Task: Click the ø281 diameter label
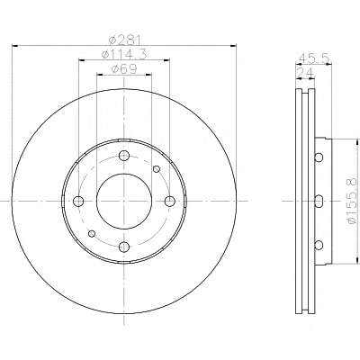tap(124, 40)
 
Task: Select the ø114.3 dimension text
tap(124, 55)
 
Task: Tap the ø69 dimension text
tap(124, 69)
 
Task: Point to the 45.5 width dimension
tap(314, 58)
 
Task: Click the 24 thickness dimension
tap(305, 73)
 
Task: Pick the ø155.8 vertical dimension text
tap(352, 201)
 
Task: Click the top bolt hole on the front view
tap(124, 156)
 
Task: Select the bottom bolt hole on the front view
tap(124, 247)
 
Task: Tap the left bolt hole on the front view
tap(78, 201)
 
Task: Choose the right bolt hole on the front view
tap(170, 201)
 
